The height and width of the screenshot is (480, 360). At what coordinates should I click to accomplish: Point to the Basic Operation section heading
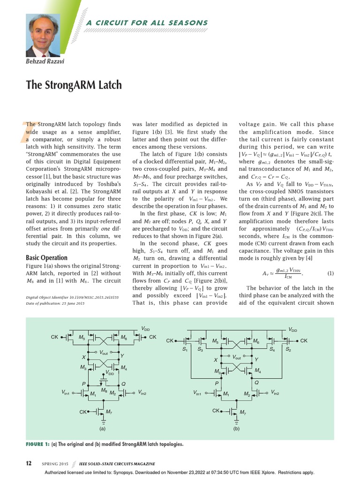(46, 257)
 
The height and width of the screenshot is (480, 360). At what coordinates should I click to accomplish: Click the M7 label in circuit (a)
(109, 412)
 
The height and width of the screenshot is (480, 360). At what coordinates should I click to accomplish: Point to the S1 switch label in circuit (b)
(185, 350)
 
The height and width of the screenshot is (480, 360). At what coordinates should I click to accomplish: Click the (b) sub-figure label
(236, 429)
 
